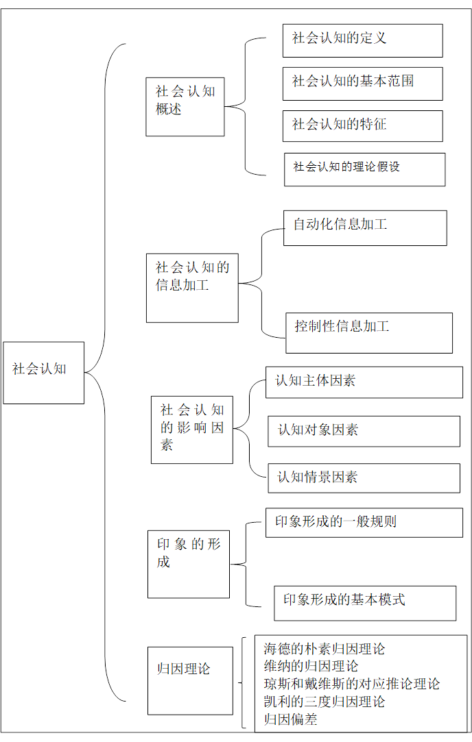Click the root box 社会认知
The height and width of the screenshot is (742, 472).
point(43,372)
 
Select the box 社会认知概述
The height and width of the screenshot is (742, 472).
point(185,106)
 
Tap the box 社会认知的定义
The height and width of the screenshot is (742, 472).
point(362,40)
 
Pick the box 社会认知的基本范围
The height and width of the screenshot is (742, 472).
point(362,84)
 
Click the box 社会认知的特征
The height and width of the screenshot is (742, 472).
point(362,126)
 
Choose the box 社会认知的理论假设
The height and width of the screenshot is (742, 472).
point(364,169)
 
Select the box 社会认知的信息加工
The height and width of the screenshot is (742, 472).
point(192,287)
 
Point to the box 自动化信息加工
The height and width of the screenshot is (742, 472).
point(365,227)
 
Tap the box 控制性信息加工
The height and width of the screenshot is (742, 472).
point(369,332)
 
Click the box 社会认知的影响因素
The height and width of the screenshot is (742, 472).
point(192,429)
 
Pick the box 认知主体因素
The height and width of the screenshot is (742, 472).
point(364,382)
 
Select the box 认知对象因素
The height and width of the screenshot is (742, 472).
point(364,431)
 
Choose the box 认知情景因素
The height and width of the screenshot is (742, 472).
point(364,478)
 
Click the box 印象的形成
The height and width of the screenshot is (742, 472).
point(189,562)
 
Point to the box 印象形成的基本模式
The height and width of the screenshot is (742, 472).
point(365,602)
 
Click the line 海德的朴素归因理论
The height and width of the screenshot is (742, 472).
point(324,649)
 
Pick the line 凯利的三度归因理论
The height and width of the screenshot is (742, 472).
point(324,702)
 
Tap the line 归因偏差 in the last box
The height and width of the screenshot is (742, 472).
point(291,719)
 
